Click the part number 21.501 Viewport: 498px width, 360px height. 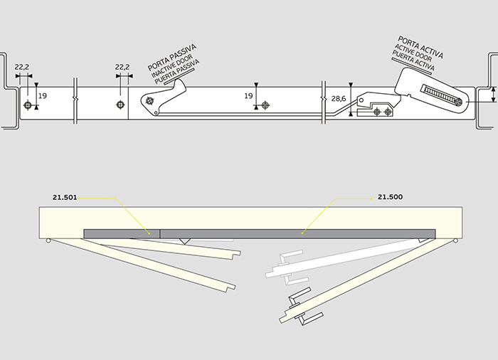point(64,196)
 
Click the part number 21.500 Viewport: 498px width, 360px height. point(390,196)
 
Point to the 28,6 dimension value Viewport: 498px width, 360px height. point(339,99)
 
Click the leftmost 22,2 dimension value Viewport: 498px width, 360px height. point(22,67)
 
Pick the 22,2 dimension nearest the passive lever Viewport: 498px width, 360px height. point(122,67)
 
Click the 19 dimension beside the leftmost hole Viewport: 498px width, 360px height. point(42,95)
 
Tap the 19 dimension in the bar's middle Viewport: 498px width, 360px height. point(248,95)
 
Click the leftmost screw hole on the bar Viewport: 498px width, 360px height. point(28,105)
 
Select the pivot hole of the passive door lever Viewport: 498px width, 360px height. point(151,102)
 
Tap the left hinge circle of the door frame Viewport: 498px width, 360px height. point(48,240)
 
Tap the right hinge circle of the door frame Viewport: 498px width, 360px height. point(454,240)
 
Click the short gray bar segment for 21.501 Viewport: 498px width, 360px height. point(122,233)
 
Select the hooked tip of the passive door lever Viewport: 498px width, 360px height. point(182,86)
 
